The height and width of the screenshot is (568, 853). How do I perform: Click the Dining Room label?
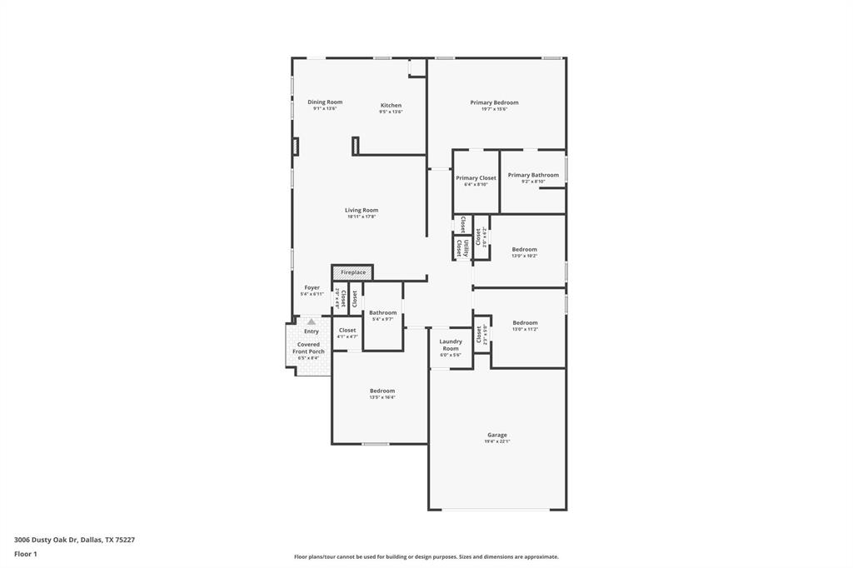point(325,102)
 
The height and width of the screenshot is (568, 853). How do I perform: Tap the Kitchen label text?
point(391,106)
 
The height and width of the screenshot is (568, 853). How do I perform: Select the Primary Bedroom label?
point(494,103)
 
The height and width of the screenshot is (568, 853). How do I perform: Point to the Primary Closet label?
point(476,178)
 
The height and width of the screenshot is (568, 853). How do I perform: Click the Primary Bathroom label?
point(533,175)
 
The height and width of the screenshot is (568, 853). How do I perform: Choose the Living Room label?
point(362,211)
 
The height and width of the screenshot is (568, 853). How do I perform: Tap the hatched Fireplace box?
point(352,272)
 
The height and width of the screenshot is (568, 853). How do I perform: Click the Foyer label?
point(312,288)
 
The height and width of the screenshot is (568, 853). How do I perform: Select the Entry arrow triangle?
point(312,321)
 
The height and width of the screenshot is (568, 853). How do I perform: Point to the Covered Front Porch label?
point(308,348)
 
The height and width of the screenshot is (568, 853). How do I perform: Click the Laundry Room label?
point(451,345)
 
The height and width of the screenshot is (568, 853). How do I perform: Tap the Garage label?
point(497,435)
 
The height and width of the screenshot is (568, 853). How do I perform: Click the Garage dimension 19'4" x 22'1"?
point(497,442)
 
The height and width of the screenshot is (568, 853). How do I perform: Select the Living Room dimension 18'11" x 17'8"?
point(362,217)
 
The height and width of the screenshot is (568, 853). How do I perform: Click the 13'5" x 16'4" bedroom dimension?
point(382,397)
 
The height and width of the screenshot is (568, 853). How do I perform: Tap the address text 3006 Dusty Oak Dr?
point(47,540)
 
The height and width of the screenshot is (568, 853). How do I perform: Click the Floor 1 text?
point(26,554)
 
